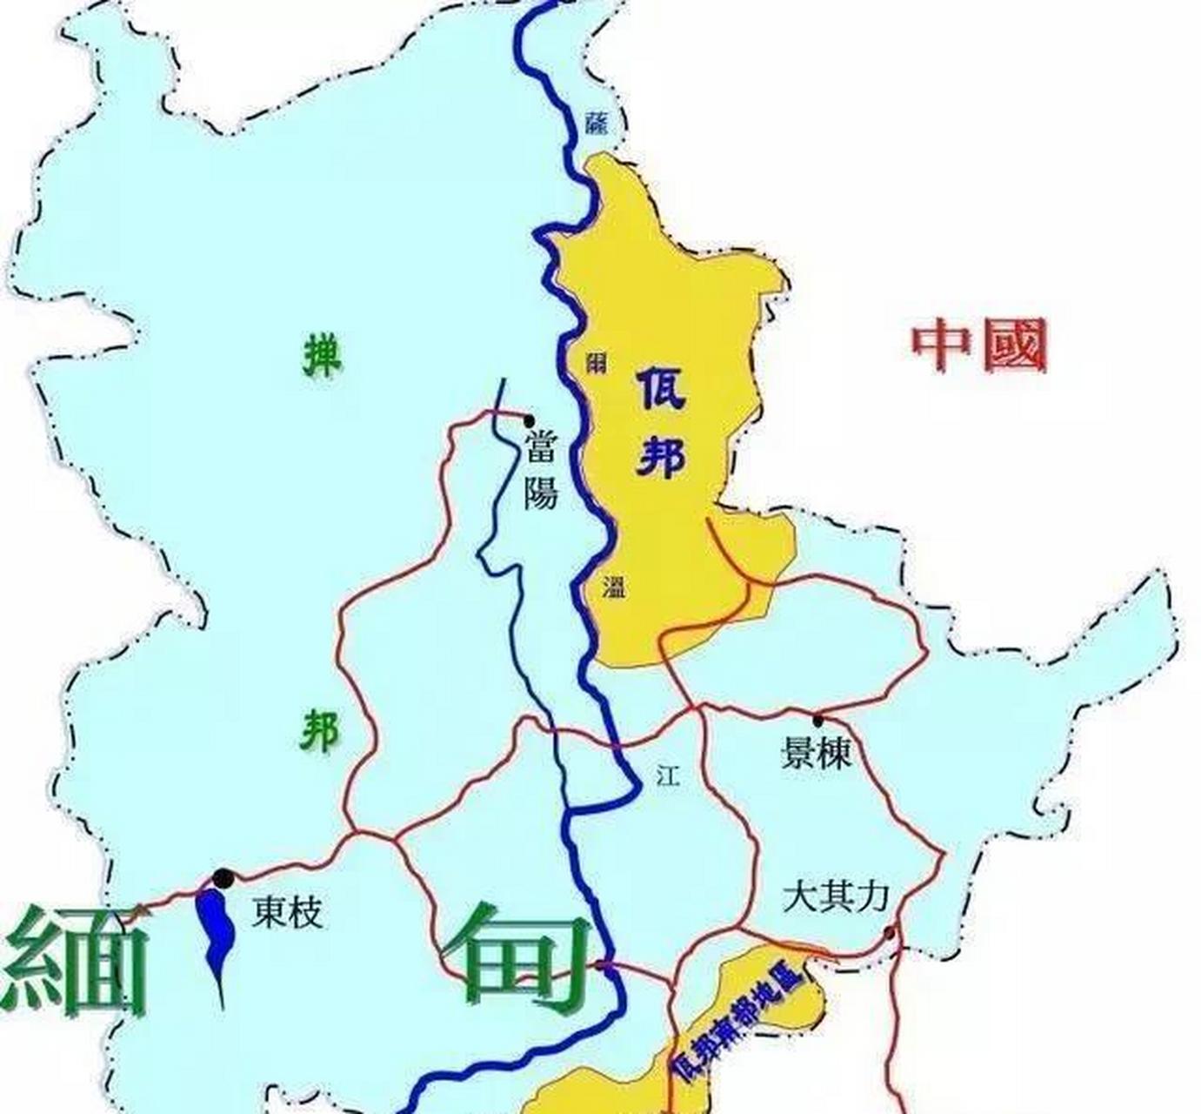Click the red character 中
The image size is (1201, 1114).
(942, 346)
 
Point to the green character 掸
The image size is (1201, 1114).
(322, 357)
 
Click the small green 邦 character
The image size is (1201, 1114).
(320, 730)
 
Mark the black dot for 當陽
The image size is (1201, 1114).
(530, 420)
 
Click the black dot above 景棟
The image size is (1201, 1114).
(817, 721)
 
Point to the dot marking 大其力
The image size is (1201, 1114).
(889, 934)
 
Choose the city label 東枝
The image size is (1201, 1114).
(288, 914)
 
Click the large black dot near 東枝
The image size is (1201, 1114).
(224, 878)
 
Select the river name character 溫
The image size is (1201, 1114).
(613, 587)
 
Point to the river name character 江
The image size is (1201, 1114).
(668, 775)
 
